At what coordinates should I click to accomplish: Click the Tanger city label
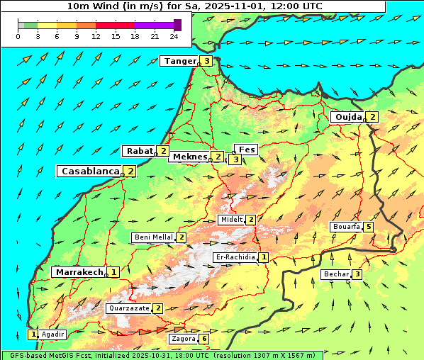click(179, 61)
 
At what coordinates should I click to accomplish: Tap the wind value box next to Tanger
click(206, 61)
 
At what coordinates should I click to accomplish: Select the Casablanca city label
click(89, 171)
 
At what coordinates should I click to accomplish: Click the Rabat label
click(139, 151)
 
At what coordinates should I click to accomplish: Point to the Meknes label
click(189, 157)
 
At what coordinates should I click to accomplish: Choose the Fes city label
click(246, 150)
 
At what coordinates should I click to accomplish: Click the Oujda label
click(347, 117)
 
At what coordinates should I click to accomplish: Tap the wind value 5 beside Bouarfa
click(368, 227)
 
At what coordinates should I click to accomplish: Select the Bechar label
click(336, 274)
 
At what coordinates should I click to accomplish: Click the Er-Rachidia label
click(235, 257)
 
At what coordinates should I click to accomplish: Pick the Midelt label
click(231, 220)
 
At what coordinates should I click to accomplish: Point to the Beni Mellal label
click(153, 237)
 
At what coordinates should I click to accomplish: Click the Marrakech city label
click(79, 272)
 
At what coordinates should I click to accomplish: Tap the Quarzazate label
click(128, 308)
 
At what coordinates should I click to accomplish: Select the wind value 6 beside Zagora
click(205, 339)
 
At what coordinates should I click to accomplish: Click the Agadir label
click(52, 334)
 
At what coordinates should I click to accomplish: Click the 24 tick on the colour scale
click(174, 36)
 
